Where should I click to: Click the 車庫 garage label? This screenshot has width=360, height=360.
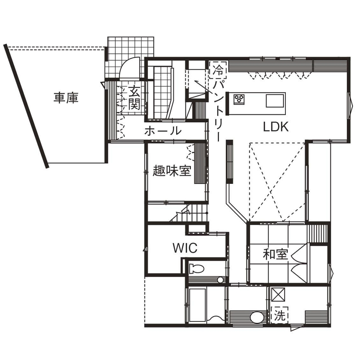click(66, 98)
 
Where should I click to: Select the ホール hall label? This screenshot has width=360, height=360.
click(163, 131)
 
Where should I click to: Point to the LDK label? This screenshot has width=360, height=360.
click(276, 127)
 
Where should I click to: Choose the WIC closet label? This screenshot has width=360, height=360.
click(185, 248)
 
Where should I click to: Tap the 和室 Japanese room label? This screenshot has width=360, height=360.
click(275, 254)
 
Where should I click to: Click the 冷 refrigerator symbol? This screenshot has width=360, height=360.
click(218, 70)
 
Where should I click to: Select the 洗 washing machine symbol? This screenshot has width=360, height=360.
click(279, 315)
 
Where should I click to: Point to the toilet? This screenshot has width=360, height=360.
click(197, 268)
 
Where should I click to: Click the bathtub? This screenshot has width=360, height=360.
click(197, 305)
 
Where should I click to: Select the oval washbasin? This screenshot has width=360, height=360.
click(257, 317)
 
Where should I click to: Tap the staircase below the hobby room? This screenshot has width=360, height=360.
click(189, 213)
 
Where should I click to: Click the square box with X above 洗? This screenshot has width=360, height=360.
click(278, 294)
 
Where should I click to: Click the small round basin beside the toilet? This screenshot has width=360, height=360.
click(220, 280)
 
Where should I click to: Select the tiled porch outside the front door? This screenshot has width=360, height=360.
click(130, 57)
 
